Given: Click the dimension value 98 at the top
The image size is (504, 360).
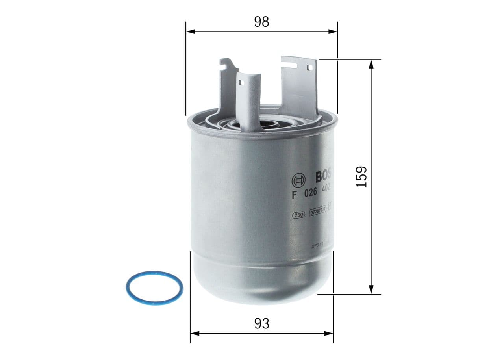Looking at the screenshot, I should [x=261, y=22].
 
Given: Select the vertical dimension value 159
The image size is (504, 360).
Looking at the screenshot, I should [x=361, y=176].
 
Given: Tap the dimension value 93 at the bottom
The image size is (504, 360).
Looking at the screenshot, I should [x=261, y=323].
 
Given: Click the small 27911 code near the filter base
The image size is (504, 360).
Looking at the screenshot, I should [x=317, y=245].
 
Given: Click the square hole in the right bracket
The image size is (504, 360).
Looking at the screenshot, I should [x=309, y=68].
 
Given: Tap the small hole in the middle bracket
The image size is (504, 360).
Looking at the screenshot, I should [x=241, y=83].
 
